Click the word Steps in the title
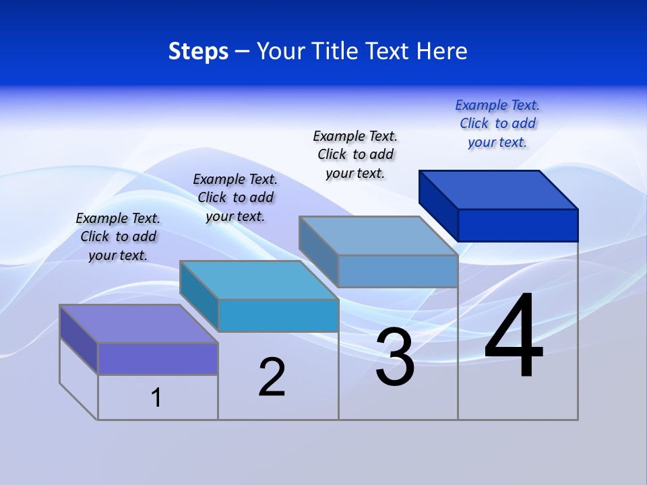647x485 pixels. click(x=198, y=51)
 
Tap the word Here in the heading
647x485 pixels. click(x=442, y=51)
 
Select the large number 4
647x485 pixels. click(x=514, y=337)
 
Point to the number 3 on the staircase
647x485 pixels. click(x=395, y=358)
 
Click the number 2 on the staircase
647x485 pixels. click(x=272, y=377)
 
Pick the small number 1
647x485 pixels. click(x=156, y=398)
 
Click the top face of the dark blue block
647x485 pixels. click(x=499, y=189)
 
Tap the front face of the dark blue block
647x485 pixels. click(x=518, y=225)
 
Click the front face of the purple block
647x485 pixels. click(x=158, y=358)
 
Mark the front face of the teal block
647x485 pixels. click(x=278, y=315)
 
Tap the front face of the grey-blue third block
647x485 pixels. click(x=398, y=271)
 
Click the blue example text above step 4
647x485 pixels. click(x=497, y=124)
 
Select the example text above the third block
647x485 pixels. click(x=355, y=154)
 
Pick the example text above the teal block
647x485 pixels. click(x=235, y=197)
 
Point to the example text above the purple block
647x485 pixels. click(x=118, y=236)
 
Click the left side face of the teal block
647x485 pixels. click(x=199, y=294)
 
